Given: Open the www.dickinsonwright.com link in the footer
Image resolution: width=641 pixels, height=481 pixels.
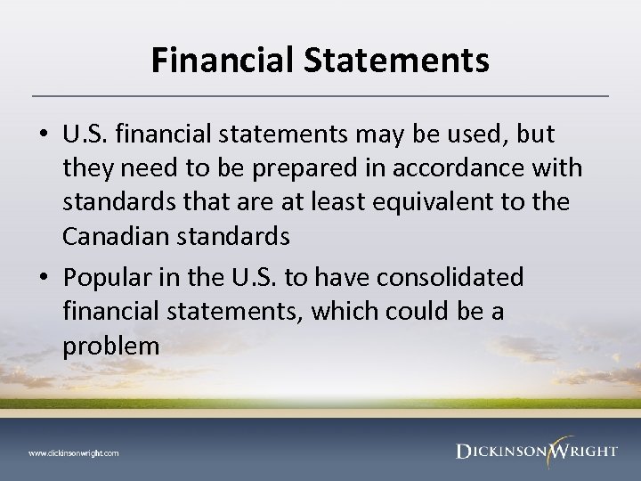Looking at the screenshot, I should click(73, 452).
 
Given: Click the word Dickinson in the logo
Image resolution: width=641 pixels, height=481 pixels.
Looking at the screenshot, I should click(499, 452).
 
